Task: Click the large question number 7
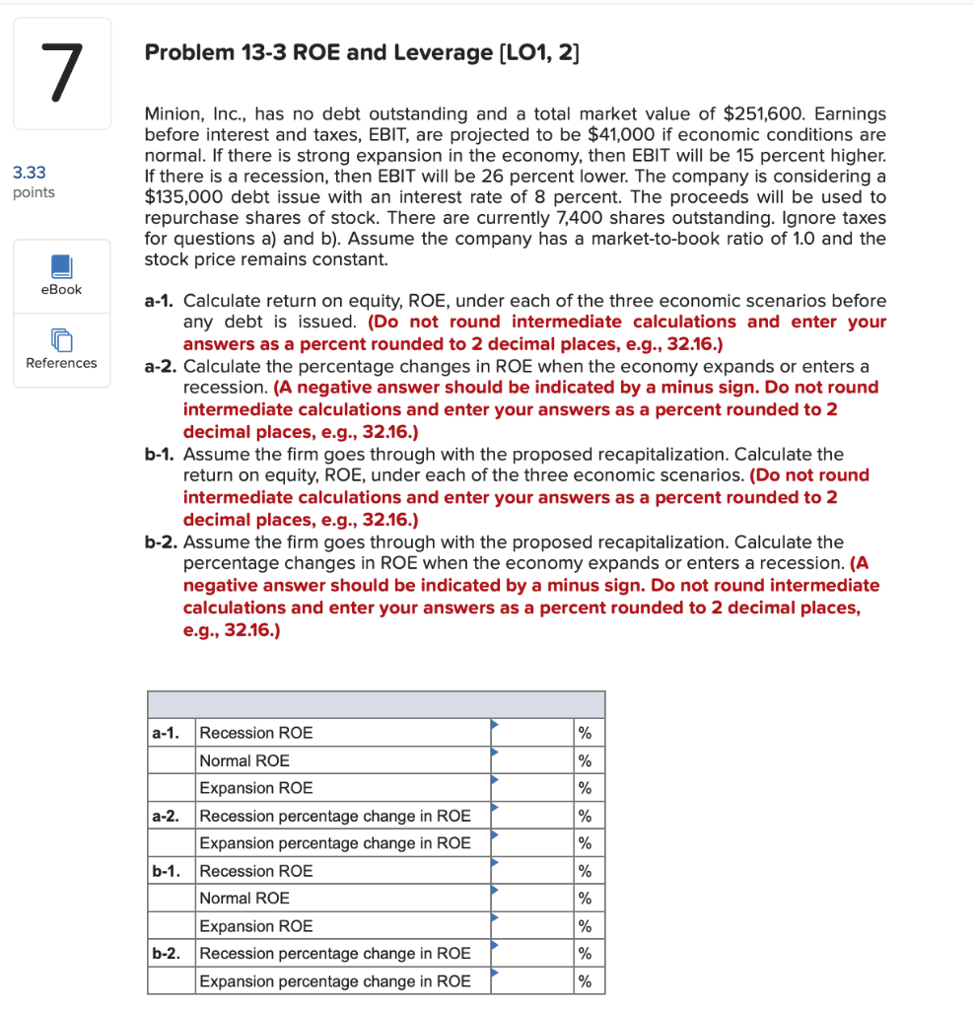(61, 73)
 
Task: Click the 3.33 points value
(30, 173)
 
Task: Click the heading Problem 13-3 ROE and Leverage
(362, 53)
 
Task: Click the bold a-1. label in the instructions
(162, 301)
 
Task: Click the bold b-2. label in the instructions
(162, 541)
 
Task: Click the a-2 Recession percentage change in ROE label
(335, 816)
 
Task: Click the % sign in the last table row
(585, 981)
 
